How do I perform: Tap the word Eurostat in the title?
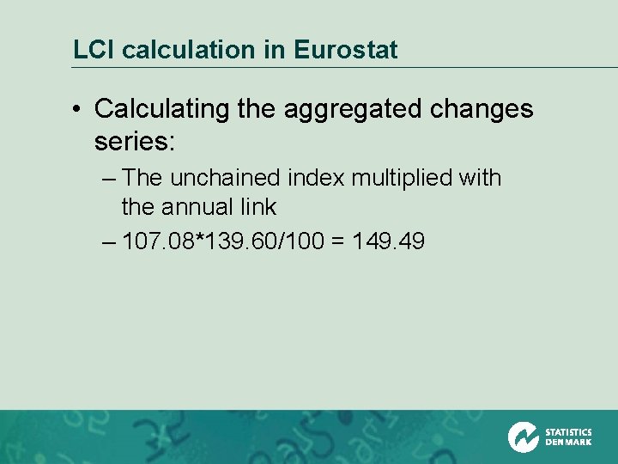tap(345, 50)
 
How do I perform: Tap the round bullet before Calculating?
tap(78, 110)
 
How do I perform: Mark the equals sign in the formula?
tap(337, 242)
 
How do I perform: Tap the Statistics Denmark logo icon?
tap(523, 437)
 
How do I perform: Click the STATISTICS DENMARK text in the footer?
tap(568, 437)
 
